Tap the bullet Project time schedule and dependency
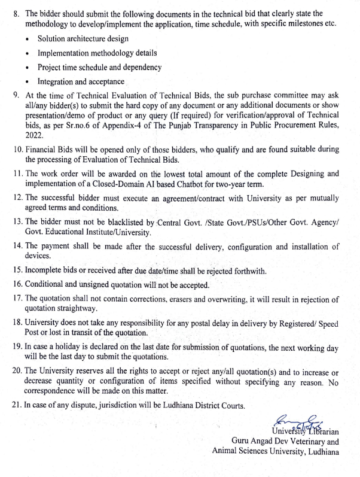point(99,67)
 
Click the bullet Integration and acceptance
point(81,81)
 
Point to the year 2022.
point(35,135)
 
